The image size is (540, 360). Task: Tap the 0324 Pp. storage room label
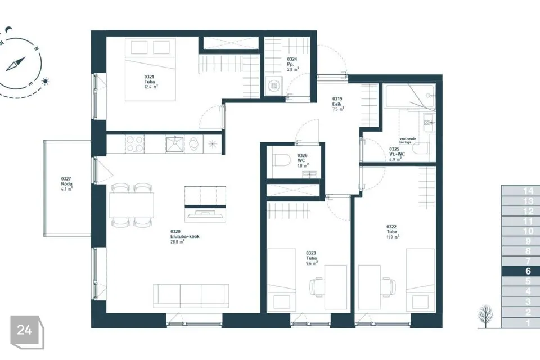[293, 64]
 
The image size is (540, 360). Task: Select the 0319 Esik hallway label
[338, 104]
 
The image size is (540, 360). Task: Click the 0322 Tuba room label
[393, 231]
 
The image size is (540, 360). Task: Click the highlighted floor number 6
[528, 271]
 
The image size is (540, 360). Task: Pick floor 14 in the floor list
[528, 191]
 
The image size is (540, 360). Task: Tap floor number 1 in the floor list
[528, 323]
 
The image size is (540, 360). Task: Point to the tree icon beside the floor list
[485, 316]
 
